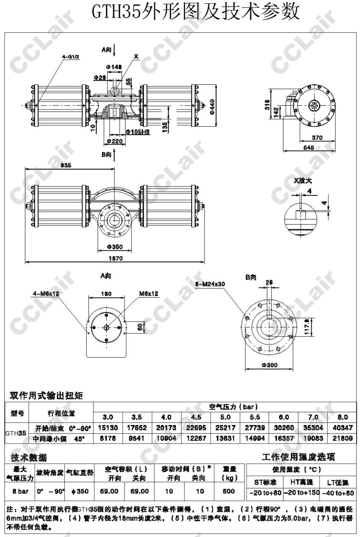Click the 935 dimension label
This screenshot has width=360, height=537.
point(66,165)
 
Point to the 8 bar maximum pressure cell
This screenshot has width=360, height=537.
point(19,491)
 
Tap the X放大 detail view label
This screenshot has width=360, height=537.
point(303,181)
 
